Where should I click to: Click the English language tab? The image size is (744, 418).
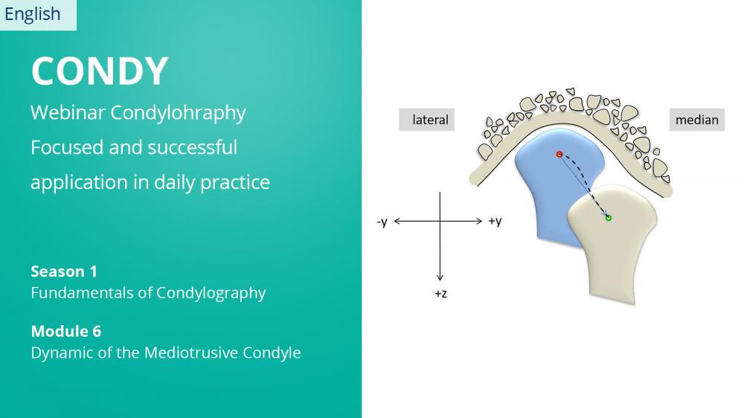click(x=38, y=15)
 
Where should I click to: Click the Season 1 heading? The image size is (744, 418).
click(x=64, y=271)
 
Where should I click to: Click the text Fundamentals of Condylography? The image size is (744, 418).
click(x=148, y=293)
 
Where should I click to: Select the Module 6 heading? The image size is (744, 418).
click(x=66, y=331)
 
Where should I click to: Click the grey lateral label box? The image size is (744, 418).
click(x=426, y=120)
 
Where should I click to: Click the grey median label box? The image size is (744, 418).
click(x=697, y=120)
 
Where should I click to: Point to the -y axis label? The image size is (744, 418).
click(x=382, y=222)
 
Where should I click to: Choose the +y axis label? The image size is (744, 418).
click(x=495, y=222)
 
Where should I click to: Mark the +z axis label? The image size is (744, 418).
click(x=440, y=294)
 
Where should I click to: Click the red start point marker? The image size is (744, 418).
click(x=559, y=154)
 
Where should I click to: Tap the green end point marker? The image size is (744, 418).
click(x=609, y=218)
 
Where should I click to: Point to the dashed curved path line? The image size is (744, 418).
click(x=589, y=180)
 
